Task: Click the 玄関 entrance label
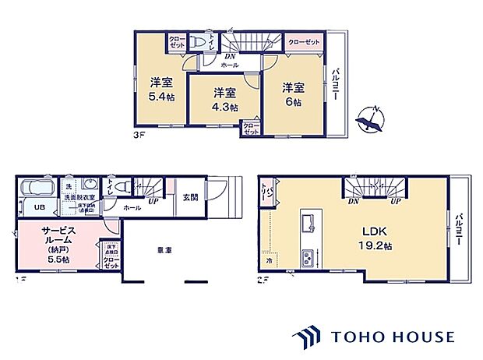pyautogui.click(x=190, y=198)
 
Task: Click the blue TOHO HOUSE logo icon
pyautogui.click(x=308, y=337)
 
